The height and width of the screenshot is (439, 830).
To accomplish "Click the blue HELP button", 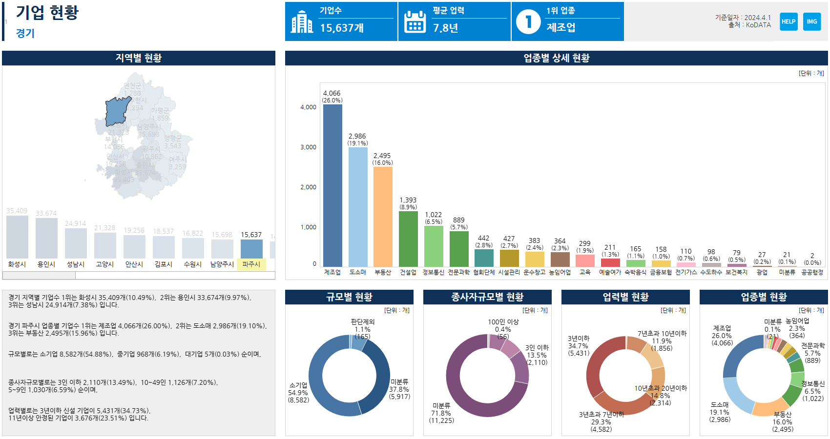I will tap(788, 21).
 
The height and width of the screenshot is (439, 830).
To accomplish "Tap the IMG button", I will tap(812, 21).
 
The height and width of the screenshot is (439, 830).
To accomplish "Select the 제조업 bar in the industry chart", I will tap(332, 185).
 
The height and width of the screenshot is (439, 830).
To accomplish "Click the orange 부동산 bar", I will tap(383, 217).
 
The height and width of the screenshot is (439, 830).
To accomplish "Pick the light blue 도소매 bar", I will tap(358, 207).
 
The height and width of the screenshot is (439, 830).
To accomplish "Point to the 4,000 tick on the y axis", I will tap(308, 107).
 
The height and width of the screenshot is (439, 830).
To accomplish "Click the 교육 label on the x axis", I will tap(585, 272).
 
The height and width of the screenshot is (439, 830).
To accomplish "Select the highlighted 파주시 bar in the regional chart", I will tap(251, 248).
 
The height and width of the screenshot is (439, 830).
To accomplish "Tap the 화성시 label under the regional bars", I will tap(17, 264).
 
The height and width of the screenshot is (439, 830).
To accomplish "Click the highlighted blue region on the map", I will tap(118, 111).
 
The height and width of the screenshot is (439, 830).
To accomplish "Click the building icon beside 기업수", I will tap(302, 22).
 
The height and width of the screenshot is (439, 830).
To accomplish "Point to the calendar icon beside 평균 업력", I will tap(415, 22).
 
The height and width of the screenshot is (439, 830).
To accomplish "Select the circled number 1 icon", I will tap(528, 22).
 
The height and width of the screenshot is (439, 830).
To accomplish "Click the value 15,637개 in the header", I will tap(342, 28).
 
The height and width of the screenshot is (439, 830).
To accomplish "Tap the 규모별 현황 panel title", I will tap(349, 297).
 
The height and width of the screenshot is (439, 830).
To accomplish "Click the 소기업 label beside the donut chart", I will tap(298, 385).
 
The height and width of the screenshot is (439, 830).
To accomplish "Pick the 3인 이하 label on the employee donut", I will tap(537, 348).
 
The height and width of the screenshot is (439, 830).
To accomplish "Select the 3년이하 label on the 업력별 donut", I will tap(579, 339).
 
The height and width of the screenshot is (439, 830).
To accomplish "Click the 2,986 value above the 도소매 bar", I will tap(357, 136).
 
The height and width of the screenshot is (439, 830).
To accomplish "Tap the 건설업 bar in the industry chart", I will tap(408, 239).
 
